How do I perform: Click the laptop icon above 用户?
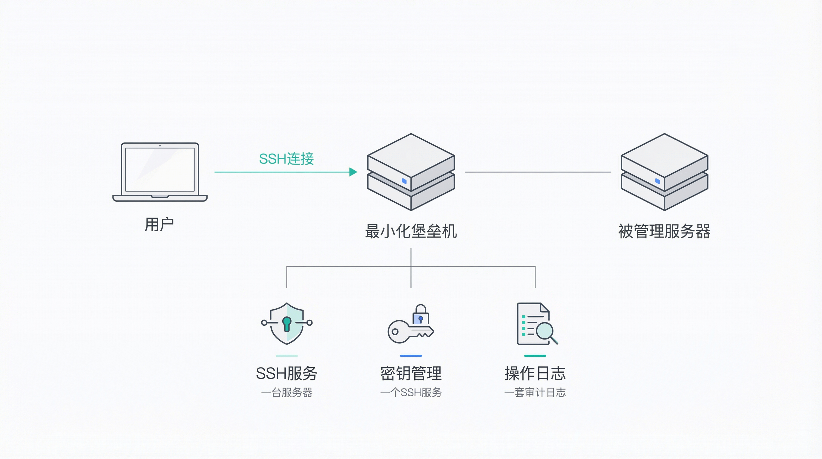(160, 172)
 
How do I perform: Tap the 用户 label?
(159, 224)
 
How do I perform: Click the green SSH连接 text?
(286, 159)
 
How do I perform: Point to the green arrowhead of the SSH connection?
(353, 172)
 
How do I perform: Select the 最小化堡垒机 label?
(411, 231)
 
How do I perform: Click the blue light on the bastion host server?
(404, 181)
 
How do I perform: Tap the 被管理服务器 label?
(664, 231)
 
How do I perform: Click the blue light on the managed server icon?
(657, 181)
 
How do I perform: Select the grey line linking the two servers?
(538, 172)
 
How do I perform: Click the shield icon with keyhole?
(286, 323)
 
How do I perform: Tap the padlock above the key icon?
(421, 314)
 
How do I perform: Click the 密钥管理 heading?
(411, 373)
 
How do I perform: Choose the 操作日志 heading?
(535, 373)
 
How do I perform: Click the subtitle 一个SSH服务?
(411, 392)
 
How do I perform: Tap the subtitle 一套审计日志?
(535, 392)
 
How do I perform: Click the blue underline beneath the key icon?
(411, 356)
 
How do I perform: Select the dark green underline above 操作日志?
(535, 356)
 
